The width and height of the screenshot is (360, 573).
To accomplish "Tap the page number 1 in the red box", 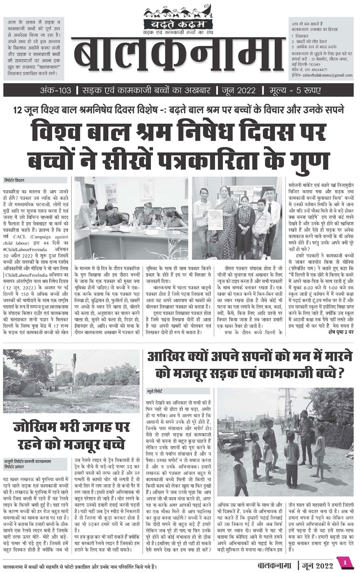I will [x=345, y=562].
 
